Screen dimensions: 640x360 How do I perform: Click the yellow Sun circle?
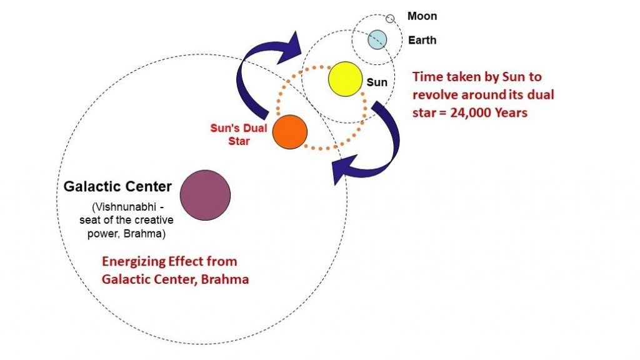(345, 79)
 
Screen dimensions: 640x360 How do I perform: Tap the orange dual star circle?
(290, 132)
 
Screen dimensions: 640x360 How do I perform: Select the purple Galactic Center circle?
(205, 195)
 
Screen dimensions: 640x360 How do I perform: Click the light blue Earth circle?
(377, 39)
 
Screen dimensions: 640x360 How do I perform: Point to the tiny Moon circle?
(390, 18)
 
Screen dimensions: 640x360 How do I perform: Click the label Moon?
(422, 16)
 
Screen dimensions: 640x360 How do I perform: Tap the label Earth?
(422, 40)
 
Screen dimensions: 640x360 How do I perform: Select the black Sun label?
(377, 82)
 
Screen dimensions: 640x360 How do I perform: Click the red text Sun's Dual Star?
(239, 135)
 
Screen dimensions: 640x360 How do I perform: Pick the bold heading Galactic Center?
(117, 186)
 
